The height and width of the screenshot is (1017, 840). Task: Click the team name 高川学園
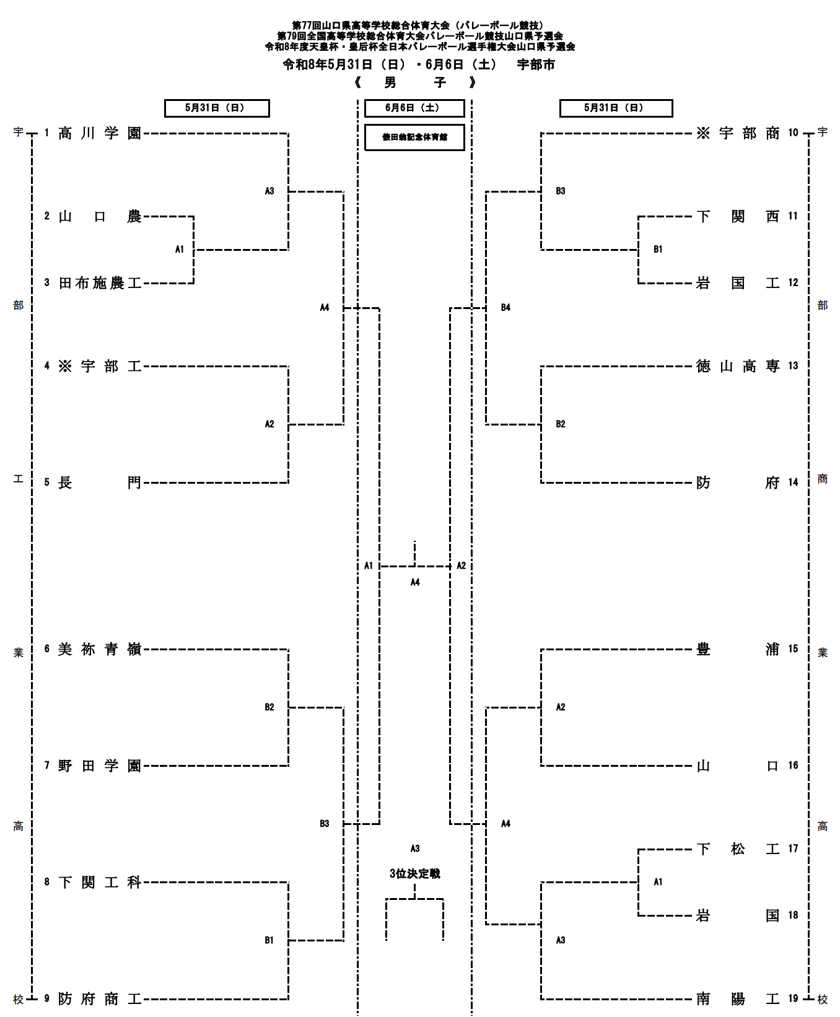coord(100,133)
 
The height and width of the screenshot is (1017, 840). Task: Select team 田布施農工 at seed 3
coord(100,284)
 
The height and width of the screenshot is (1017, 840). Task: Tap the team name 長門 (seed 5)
coord(100,483)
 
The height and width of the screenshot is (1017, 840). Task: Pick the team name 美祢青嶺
coord(100,650)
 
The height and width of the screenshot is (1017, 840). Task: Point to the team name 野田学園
coord(100,766)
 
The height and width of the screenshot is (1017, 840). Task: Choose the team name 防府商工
coord(100,999)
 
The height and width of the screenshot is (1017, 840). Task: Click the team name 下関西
coord(738,217)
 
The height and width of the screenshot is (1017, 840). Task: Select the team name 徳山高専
coord(738,367)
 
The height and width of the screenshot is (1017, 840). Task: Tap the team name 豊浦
coord(738,650)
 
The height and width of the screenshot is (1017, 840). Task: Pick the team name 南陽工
coord(738,999)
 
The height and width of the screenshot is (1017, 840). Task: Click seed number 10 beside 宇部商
coord(794,133)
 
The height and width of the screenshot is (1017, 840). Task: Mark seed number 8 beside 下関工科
coord(46,882)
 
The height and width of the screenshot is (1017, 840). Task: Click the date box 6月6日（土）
coord(414,108)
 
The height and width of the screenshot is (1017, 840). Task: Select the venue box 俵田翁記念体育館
coord(414,137)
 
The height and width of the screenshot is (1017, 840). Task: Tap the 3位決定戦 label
coord(414,874)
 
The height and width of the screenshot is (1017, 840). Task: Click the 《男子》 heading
coord(414,82)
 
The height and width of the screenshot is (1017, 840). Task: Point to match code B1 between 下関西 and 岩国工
coord(658,250)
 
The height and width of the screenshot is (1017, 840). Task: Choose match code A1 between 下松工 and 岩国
coord(658,882)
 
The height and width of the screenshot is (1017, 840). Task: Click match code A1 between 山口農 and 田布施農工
coord(180,250)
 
